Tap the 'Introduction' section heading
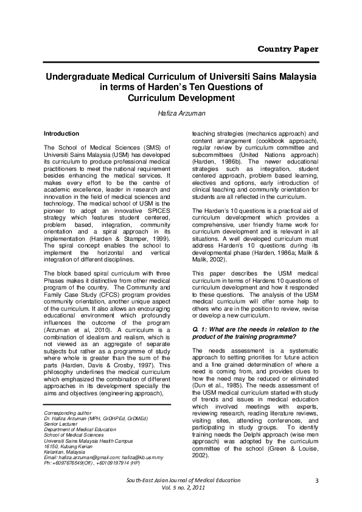point(61,133)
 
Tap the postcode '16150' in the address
point(52,446)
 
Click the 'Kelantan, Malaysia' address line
point(64,451)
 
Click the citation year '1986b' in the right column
point(232,163)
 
